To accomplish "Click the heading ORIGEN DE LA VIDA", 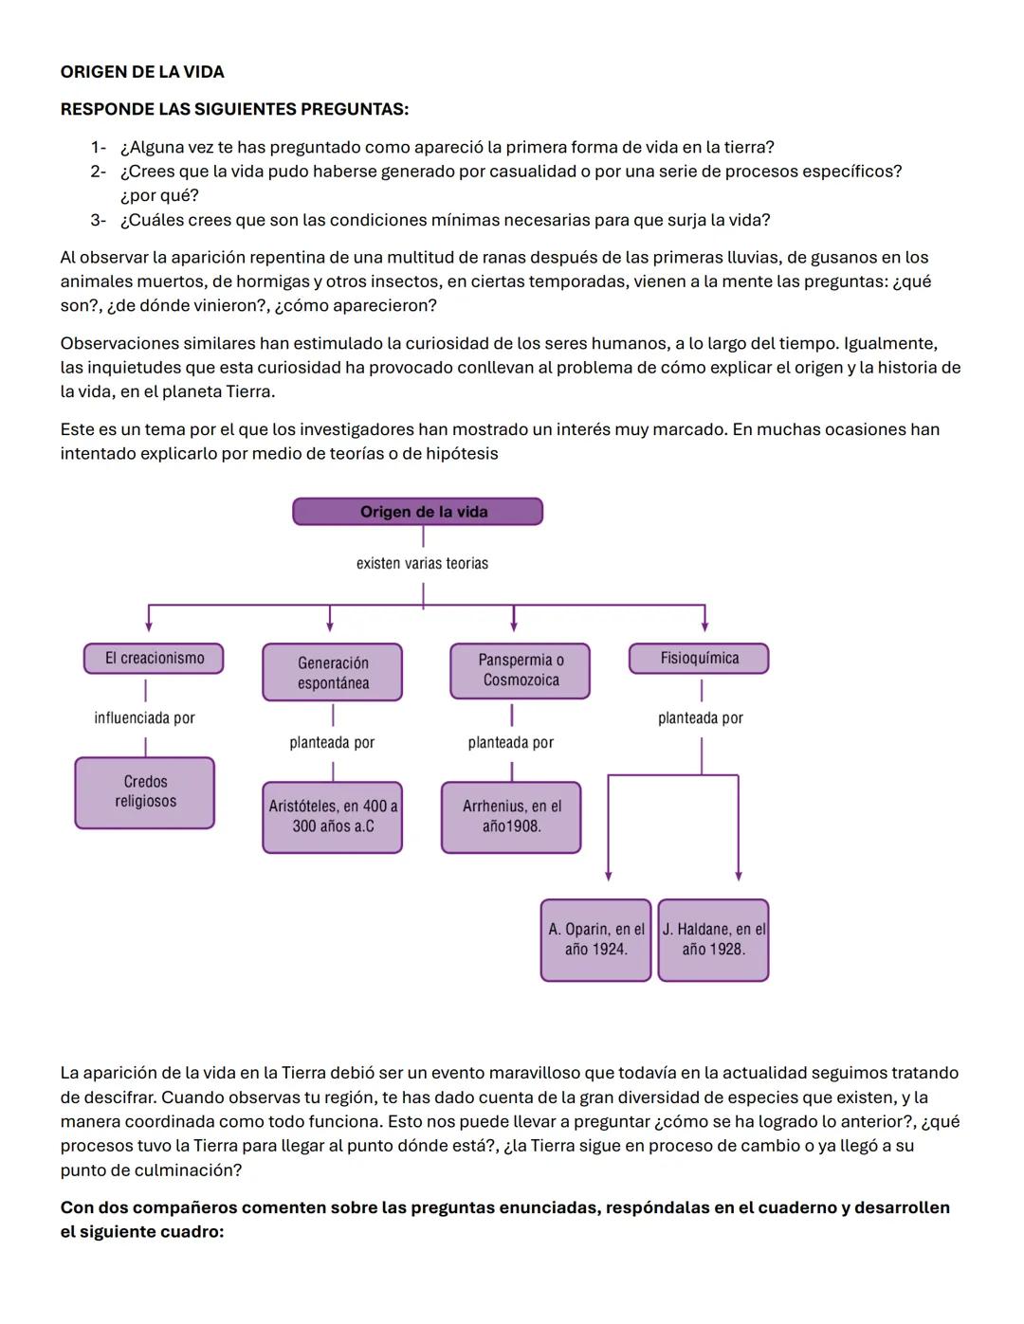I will click(142, 72).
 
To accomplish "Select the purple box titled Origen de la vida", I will click(417, 512).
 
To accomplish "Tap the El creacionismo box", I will click(154, 659).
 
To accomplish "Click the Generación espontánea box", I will click(332, 673).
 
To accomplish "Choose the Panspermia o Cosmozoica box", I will click(521, 670).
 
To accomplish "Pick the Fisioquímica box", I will click(699, 659).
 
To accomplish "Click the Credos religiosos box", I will click(145, 792).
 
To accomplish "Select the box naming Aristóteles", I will click(333, 816).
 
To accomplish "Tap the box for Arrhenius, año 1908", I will click(511, 816).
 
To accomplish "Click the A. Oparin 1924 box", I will click(595, 939).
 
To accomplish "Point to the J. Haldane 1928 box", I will click(713, 939).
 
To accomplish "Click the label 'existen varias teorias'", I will click(422, 564).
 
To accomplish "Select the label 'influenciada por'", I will click(144, 718).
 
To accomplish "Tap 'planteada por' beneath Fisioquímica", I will click(701, 718).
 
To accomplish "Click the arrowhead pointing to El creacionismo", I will click(149, 626).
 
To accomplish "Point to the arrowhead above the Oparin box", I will click(609, 876).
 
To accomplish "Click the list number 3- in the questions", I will click(98, 221).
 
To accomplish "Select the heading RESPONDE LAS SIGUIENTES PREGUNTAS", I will click(234, 110).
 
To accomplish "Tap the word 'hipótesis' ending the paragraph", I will click(462, 454).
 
